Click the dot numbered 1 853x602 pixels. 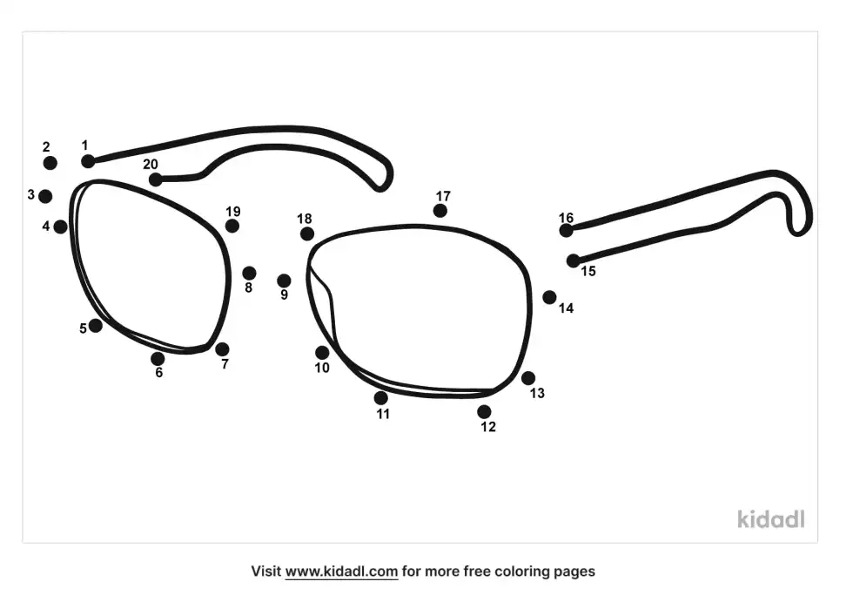(x=88, y=161)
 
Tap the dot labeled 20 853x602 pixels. (x=155, y=179)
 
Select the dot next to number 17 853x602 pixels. (x=440, y=211)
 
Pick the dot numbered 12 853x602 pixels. (x=484, y=411)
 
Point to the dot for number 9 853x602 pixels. (x=284, y=281)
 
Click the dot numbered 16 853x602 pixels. (x=567, y=230)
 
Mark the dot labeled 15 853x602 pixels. (x=573, y=260)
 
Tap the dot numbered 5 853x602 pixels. (x=95, y=326)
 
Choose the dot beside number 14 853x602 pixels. (x=549, y=297)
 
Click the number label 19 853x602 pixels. (x=232, y=212)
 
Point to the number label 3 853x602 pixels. (x=30, y=195)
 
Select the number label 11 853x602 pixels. (x=383, y=415)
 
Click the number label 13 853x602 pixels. (x=537, y=394)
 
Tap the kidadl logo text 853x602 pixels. (x=770, y=519)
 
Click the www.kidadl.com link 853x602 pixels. (x=341, y=572)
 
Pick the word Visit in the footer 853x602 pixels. (x=265, y=572)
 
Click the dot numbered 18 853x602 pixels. (x=307, y=233)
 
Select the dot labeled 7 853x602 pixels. (x=222, y=349)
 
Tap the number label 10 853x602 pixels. (x=322, y=368)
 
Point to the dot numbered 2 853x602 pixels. (x=50, y=163)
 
